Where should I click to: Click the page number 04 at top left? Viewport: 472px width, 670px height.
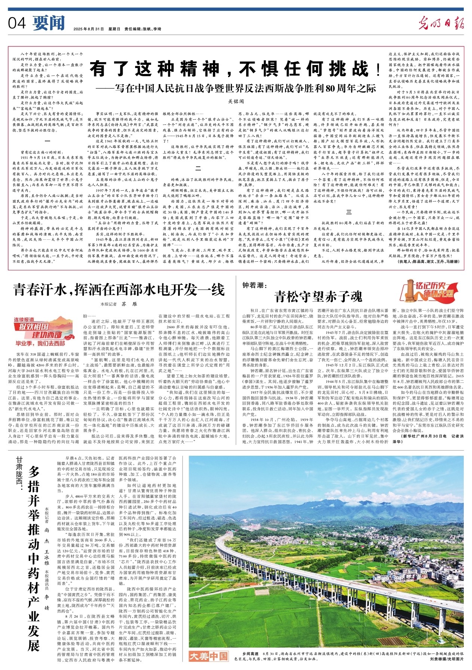[17, 24]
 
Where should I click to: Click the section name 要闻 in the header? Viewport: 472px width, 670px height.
[49, 23]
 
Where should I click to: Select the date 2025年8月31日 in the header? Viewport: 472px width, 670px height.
[88, 29]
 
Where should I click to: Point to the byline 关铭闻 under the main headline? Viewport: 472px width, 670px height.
[236, 101]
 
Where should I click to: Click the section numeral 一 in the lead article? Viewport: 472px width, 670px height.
[47, 141]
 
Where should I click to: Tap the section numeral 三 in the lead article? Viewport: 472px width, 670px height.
[349, 212]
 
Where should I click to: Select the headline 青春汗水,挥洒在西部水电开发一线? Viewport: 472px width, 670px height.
[119, 290]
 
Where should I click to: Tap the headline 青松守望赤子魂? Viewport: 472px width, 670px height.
[318, 296]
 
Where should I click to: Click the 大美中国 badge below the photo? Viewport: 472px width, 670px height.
[208, 656]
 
